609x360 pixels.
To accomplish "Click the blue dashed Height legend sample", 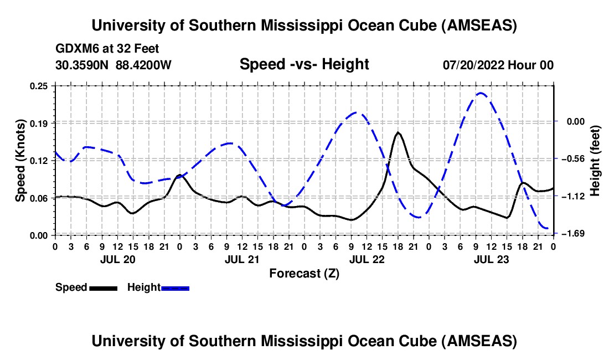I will click(175, 288).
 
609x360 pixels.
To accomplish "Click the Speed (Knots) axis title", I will click(20, 161).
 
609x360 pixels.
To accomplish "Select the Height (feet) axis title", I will click(595, 161).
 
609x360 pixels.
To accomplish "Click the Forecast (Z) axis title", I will click(304, 273).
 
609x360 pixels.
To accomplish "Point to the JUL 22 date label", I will click(367, 259).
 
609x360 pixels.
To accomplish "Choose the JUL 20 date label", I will click(117, 259).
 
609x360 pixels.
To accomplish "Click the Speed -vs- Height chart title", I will click(304, 65).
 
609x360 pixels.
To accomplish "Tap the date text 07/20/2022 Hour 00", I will click(498, 65).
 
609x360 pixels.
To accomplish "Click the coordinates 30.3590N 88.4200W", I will click(113, 65).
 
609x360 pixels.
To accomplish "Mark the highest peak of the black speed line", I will click(398, 133).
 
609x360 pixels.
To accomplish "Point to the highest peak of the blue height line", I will click(481, 93).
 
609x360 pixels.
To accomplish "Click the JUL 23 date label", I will click(491, 259).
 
